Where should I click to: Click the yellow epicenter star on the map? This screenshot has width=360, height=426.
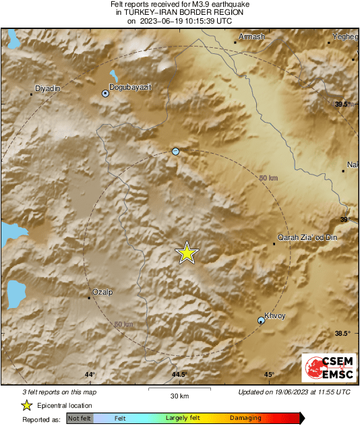[187, 253]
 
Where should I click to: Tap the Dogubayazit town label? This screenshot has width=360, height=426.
[131, 86]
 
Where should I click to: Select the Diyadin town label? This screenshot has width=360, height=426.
[47, 88]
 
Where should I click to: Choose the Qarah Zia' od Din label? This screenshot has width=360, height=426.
[307, 237]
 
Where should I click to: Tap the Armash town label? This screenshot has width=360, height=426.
[252, 36]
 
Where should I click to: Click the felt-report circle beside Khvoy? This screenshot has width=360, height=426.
[262, 321]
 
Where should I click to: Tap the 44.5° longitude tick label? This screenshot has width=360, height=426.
[179, 375]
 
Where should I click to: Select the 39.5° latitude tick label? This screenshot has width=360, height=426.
[344, 104]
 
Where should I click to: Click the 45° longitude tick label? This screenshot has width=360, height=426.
[269, 375]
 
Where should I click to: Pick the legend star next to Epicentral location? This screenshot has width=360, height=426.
[26, 405]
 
